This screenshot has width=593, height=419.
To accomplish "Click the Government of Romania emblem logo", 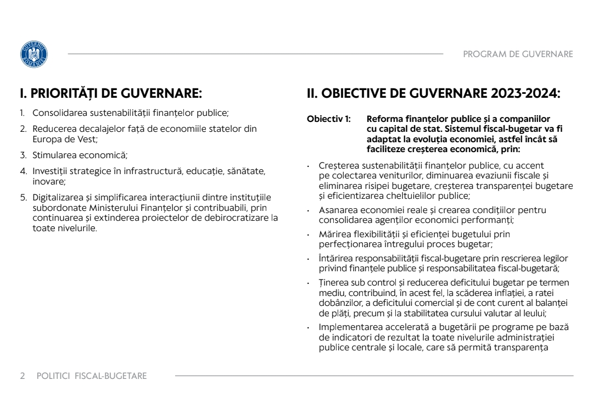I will (33, 54).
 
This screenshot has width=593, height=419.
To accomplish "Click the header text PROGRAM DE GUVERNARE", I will (518, 54).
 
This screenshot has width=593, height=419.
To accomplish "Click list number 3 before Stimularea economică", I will (23, 155).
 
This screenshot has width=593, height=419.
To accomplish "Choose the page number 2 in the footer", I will (23, 376).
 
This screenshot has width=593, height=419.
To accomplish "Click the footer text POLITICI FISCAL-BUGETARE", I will (92, 376).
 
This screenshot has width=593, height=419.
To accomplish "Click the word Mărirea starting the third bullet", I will (333, 234).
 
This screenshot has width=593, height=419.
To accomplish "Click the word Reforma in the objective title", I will (383, 119).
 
